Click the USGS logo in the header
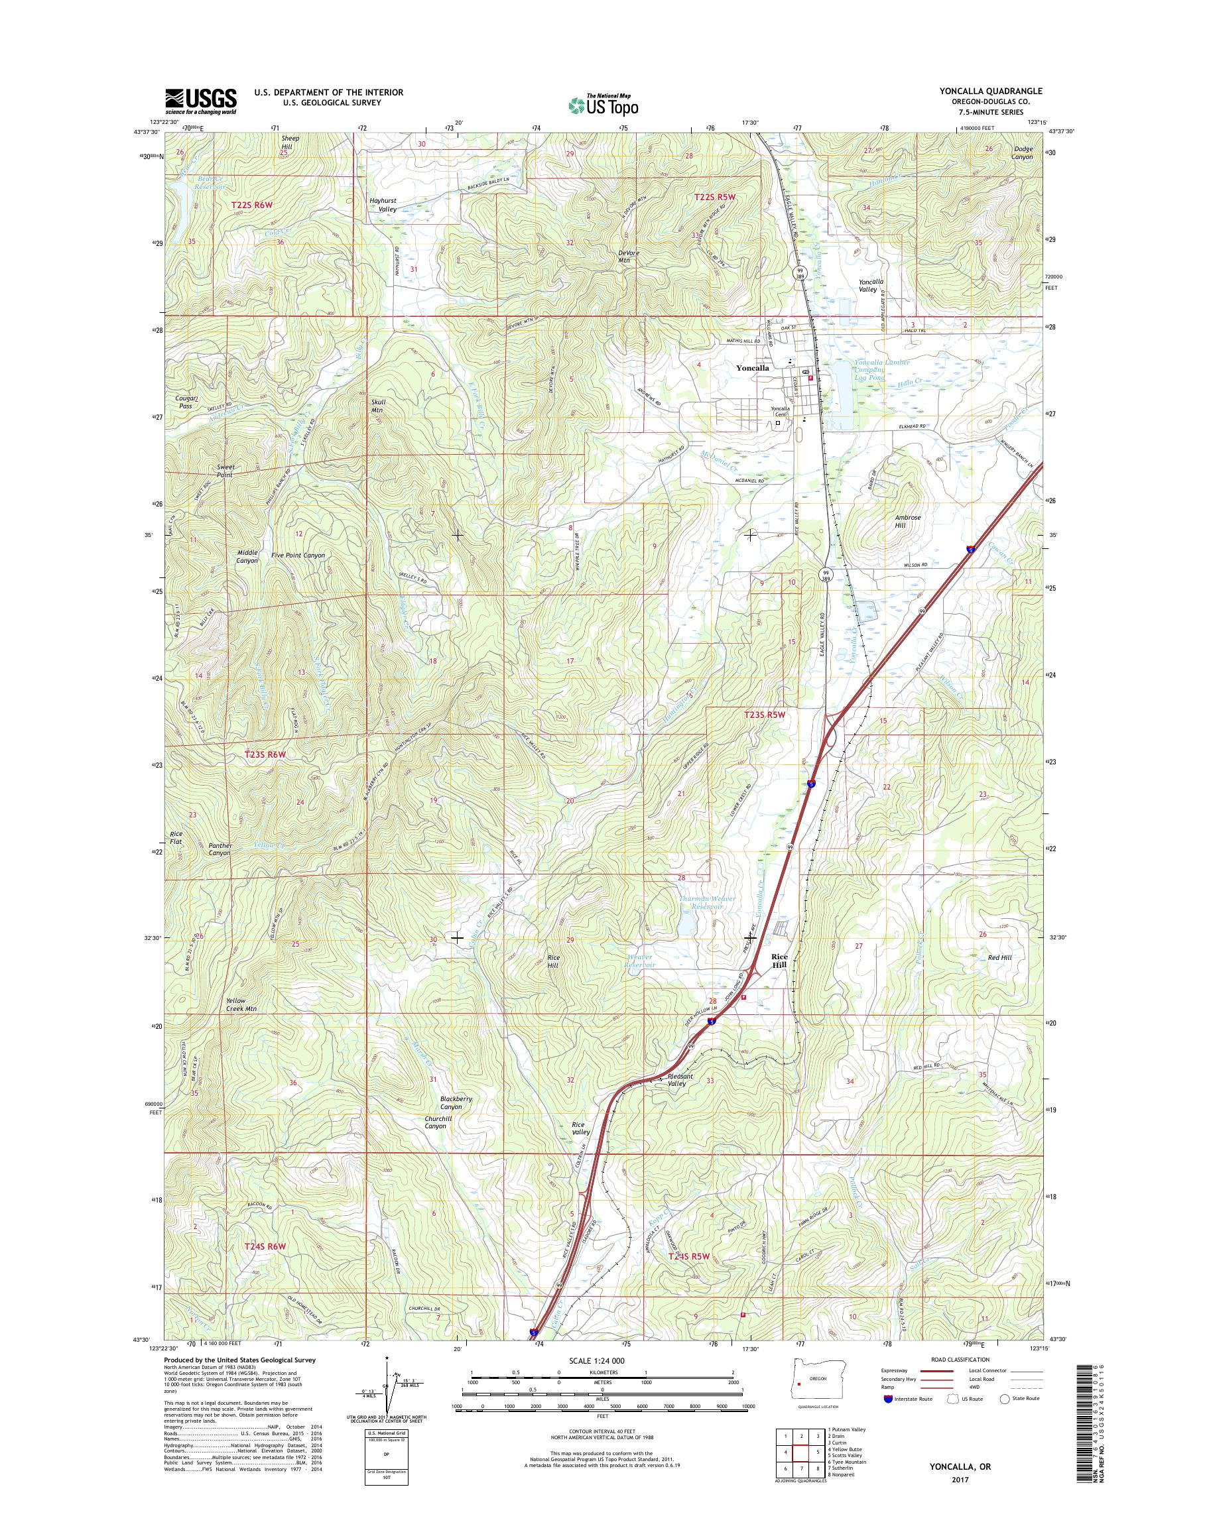point(201,101)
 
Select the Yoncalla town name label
point(752,368)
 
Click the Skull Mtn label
point(377,406)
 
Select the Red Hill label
point(1000,957)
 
